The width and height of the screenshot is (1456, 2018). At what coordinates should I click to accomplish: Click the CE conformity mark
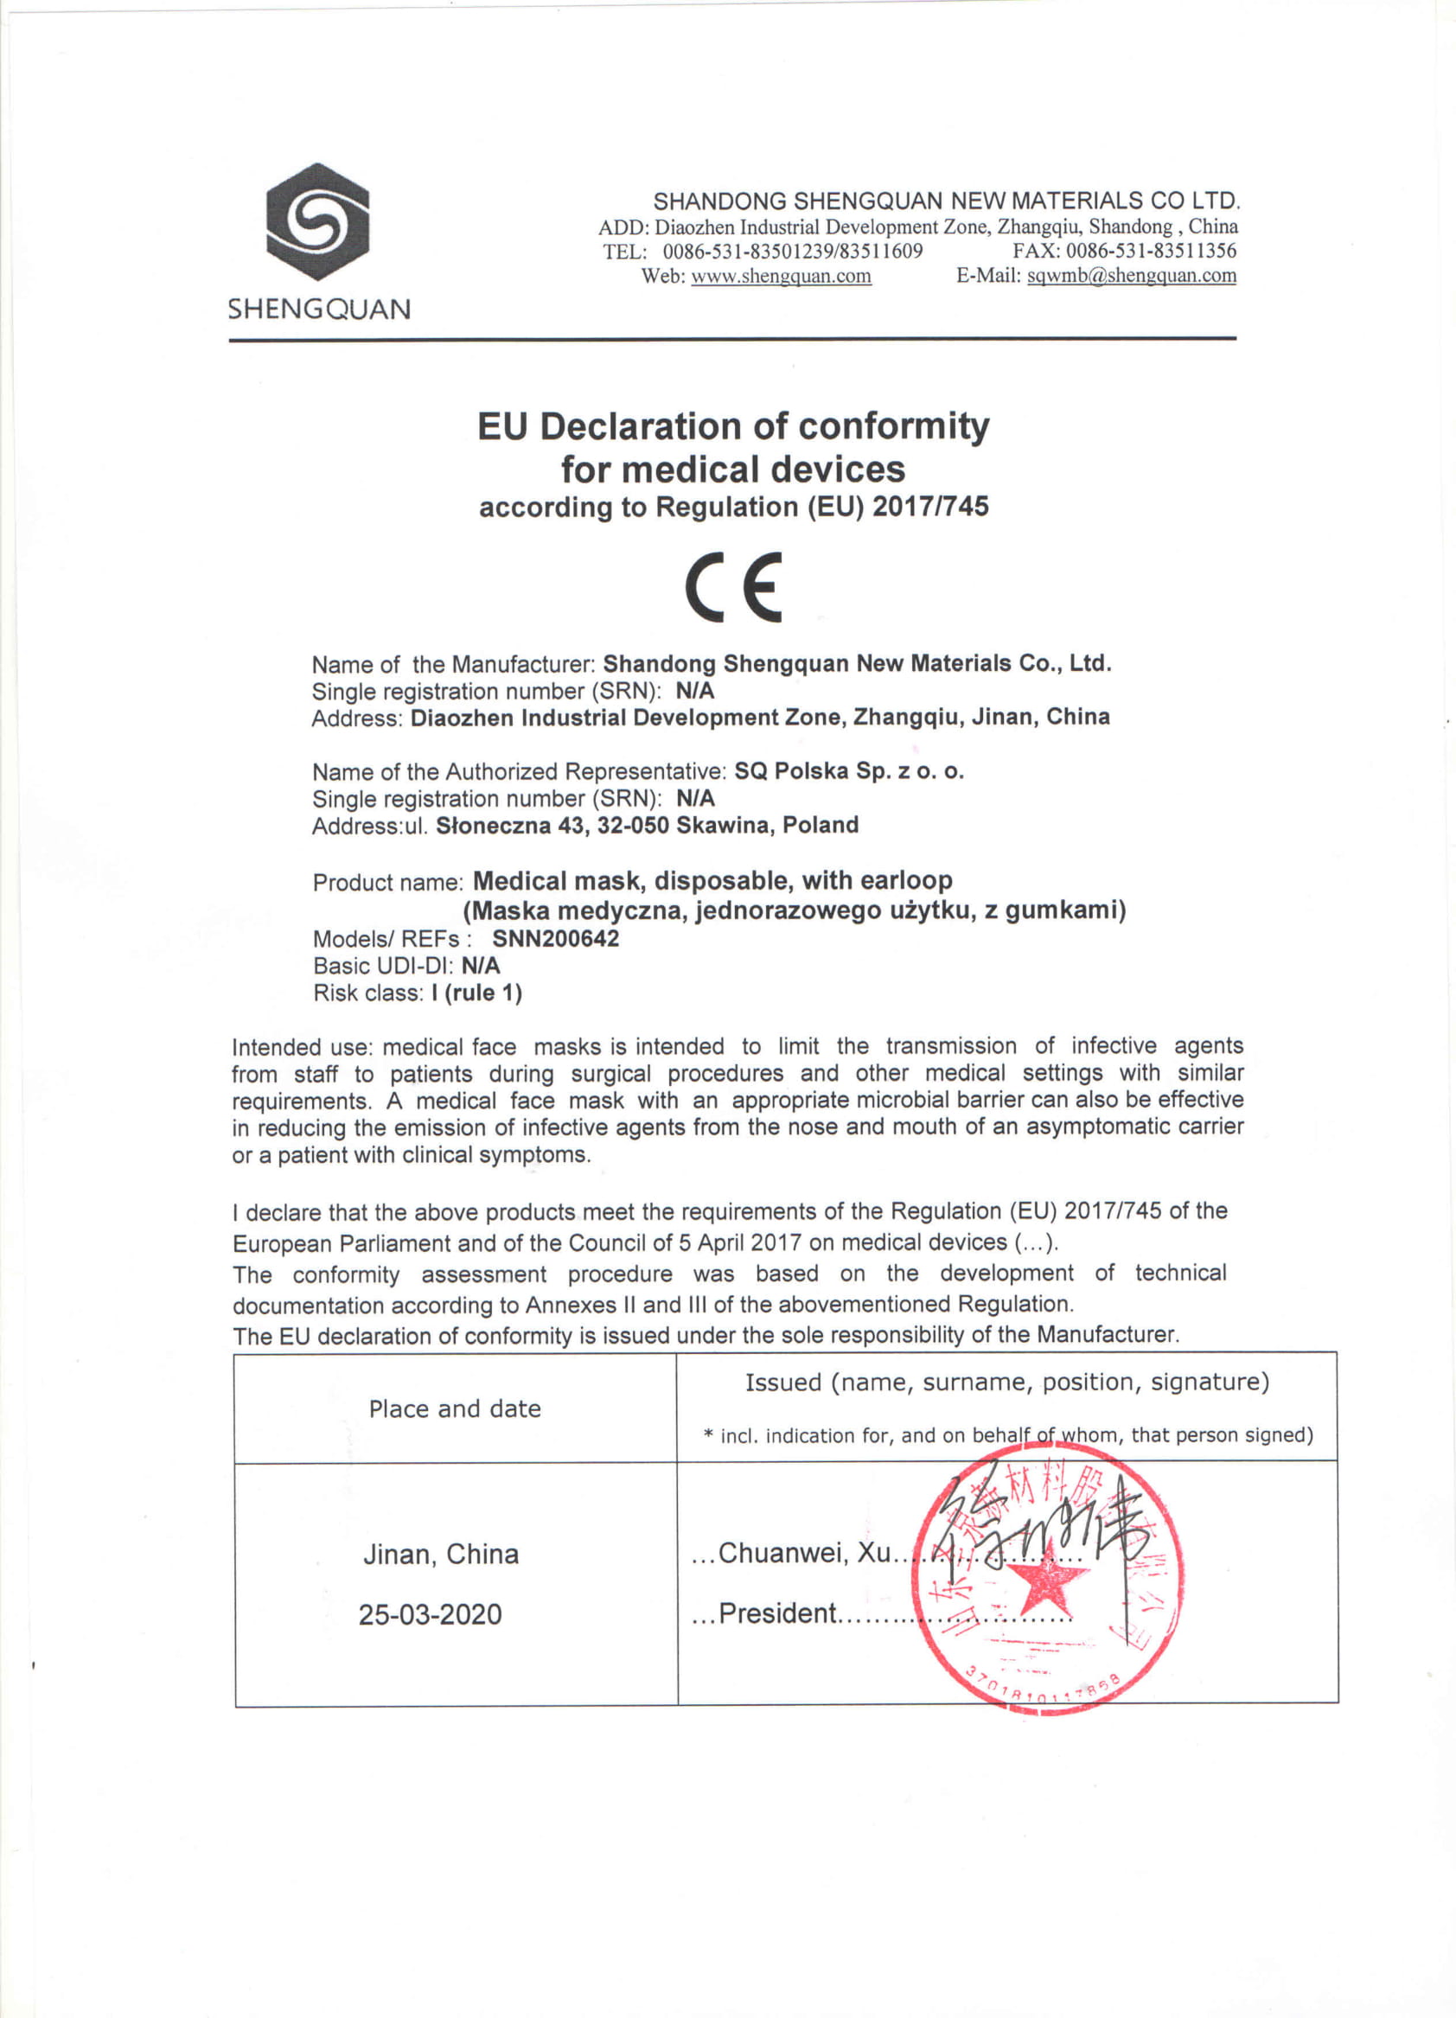[733, 586]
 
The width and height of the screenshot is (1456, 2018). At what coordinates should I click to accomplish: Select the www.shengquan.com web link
[781, 276]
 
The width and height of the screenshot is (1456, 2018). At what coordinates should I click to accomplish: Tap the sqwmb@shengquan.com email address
[1131, 275]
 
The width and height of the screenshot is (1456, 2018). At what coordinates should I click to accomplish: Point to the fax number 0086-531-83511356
[1151, 251]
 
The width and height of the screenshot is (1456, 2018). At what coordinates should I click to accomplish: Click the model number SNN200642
[555, 939]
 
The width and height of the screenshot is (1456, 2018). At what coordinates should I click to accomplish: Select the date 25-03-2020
[430, 1614]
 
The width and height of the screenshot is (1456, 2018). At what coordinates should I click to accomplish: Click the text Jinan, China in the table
[441, 1554]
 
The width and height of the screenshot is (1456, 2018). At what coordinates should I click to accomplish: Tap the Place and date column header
[455, 1408]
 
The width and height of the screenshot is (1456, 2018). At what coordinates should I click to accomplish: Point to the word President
[777, 1613]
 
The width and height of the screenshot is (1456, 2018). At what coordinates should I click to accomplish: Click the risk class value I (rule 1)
[476, 993]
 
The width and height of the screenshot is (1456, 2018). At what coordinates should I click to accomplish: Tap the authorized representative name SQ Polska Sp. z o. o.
[848, 770]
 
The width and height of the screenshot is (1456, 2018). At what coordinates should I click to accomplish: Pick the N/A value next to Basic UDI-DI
[481, 966]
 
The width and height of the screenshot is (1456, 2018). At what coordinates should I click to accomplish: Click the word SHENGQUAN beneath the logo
[319, 310]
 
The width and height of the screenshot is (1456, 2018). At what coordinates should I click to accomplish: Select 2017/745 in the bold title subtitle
[930, 507]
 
